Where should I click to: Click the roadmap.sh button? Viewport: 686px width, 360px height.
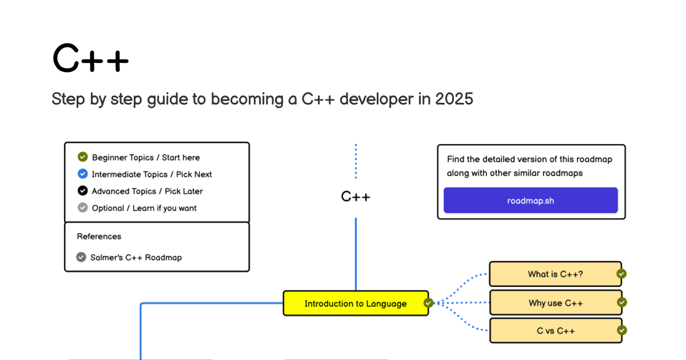tap(531, 201)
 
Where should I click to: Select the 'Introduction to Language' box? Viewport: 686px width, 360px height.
tap(356, 303)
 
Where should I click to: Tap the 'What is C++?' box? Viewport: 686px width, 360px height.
tap(556, 274)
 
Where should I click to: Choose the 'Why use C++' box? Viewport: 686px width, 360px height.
tap(556, 303)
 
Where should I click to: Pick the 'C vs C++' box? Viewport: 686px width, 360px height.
tap(556, 331)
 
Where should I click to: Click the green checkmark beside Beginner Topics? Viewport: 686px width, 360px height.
tap(83, 157)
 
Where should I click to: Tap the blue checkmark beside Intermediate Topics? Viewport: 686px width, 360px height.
tap(83, 174)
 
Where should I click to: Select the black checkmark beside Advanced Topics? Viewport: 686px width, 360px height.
tap(83, 190)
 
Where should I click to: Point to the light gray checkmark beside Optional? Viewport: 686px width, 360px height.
tap(83, 207)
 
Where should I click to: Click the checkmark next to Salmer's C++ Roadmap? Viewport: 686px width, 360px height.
tap(81, 257)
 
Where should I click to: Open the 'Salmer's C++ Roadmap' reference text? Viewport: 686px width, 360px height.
tap(136, 258)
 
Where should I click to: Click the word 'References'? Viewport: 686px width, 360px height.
tap(99, 237)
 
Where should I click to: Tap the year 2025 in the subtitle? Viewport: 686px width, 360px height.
tap(454, 99)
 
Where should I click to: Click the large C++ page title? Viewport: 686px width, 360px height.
tap(91, 58)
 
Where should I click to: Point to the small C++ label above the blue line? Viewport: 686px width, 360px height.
tap(356, 197)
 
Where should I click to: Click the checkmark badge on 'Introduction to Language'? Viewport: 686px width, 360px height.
tap(428, 303)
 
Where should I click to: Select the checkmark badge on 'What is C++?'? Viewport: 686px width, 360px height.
tap(621, 274)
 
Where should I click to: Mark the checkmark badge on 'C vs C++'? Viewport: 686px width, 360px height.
tap(622, 330)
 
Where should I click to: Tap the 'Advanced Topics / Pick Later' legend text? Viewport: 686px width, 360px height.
tap(147, 191)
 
